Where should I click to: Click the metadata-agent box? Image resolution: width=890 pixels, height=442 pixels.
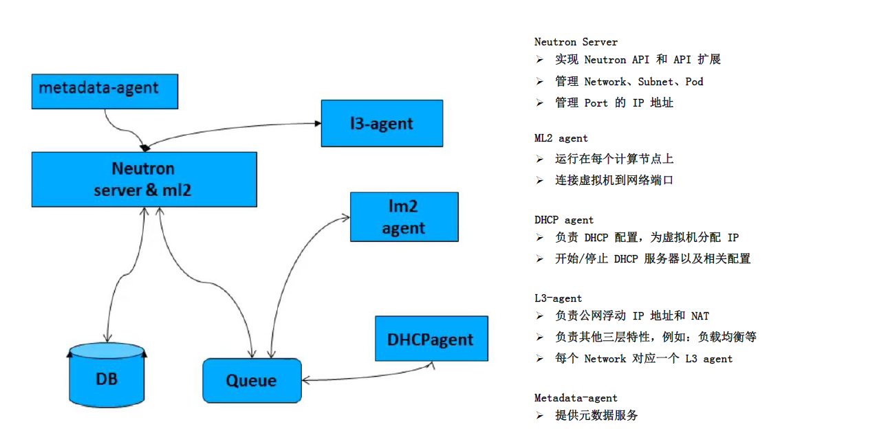click(105, 91)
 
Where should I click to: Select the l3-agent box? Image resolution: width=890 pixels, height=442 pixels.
click(382, 123)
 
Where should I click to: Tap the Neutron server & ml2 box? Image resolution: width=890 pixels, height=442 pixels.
click(144, 179)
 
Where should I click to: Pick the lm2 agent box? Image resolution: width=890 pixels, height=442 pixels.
click(404, 217)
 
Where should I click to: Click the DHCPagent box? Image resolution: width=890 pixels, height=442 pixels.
click(431, 339)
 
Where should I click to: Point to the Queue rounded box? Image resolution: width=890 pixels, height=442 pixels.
click(252, 380)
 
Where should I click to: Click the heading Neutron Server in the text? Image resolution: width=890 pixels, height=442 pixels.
click(576, 42)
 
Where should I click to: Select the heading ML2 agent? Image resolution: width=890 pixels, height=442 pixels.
click(561, 138)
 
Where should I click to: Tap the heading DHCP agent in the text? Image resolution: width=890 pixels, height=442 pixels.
click(564, 220)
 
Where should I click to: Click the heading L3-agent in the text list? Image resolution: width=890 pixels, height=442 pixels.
click(558, 298)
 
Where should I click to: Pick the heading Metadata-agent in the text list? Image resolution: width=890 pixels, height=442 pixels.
click(576, 398)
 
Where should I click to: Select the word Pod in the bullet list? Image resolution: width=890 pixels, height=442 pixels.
click(694, 82)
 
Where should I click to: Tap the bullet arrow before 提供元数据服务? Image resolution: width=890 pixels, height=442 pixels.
click(540, 416)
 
